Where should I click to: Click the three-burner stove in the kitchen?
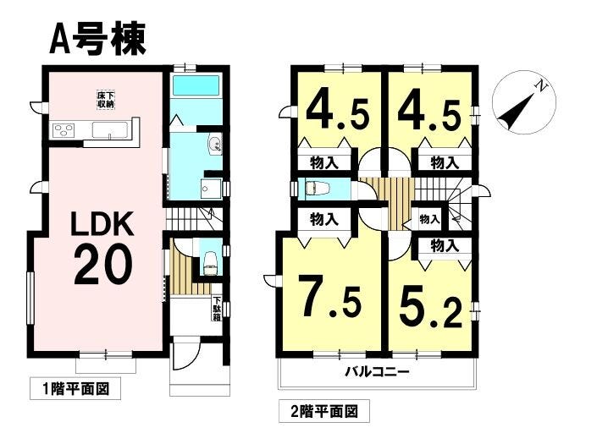coord(64,130)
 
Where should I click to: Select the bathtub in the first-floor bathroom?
coord(196,87)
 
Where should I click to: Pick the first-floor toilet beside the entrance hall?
coord(210,260)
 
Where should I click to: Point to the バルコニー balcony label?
coord(377,371)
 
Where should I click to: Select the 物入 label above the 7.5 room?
coord(323,220)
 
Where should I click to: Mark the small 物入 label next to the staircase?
coord(429,220)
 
